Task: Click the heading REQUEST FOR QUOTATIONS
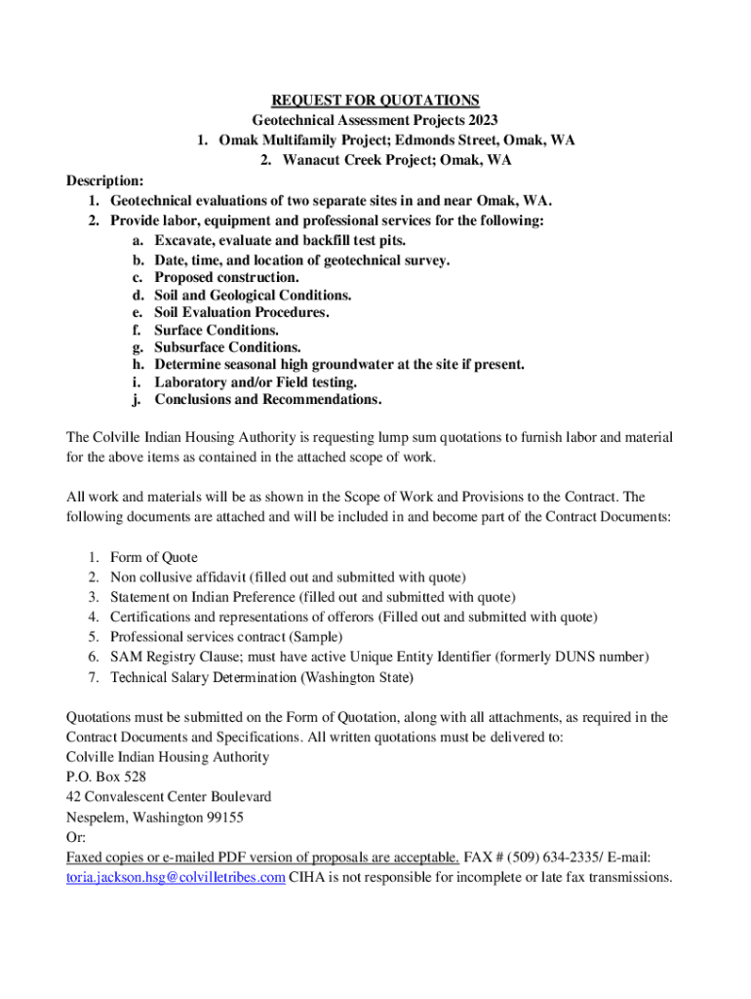pyautogui.click(x=375, y=100)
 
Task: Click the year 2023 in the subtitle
pyautogui.click(x=479, y=120)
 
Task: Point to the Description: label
pyautogui.click(x=105, y=180)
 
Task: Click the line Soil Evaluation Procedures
pyautogui.click(x=242, y=312)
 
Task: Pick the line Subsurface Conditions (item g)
pyautogui.click(x=227, y=347)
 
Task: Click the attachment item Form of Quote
pyautogui.click(x=154, y=558)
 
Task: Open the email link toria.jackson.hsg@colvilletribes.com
pyautogui.click(x=176, y=877)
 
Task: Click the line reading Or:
pyautogui.click(x=76, y=837)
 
